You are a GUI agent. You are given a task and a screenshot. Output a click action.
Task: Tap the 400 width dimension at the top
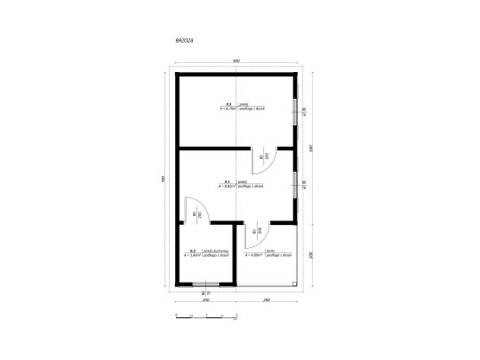236,60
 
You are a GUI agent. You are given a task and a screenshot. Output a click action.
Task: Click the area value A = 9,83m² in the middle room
228,187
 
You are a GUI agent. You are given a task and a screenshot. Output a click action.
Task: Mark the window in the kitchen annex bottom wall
206,284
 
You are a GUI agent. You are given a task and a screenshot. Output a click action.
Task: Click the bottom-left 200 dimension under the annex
206,300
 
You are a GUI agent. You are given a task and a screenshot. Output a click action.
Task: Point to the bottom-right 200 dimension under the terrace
266,300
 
